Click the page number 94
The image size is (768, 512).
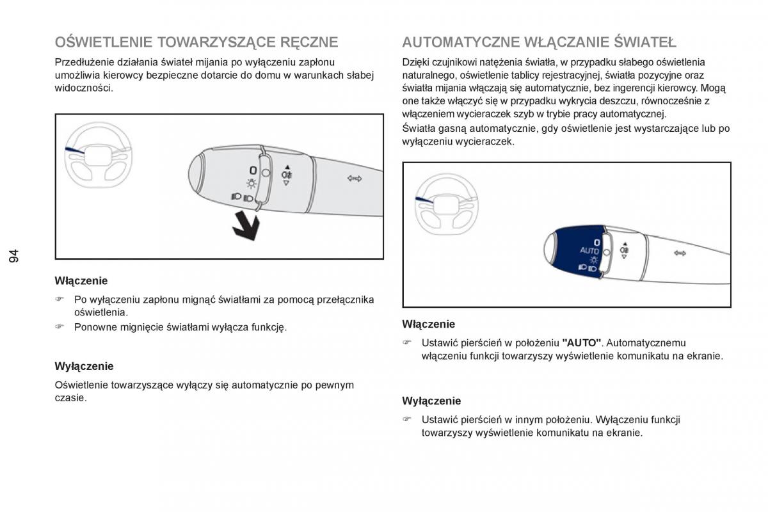15,256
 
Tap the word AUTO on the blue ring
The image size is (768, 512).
589,250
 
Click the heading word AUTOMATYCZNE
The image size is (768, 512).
460,43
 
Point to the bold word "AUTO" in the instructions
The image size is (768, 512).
581,343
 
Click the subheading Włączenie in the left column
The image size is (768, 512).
81,280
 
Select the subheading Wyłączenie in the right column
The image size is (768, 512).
431,401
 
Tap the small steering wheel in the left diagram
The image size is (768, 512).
97,155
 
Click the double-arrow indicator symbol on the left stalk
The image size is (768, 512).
355,179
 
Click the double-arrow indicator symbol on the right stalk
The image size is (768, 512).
680,253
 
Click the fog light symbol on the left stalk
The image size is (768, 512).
286,173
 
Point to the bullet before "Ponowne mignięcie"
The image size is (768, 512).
60,327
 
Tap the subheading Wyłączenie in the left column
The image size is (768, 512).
84,366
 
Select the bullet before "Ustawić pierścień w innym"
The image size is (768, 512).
407,420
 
